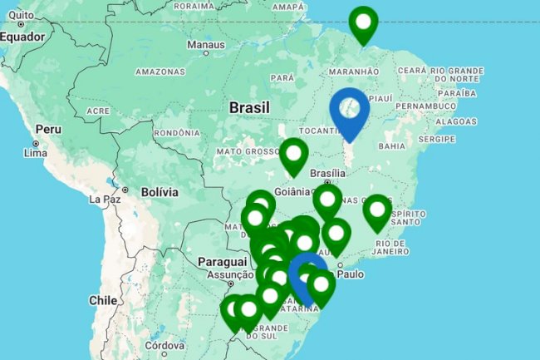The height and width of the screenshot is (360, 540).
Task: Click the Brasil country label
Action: click(248, 108)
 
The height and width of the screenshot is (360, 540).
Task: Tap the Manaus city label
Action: click(205, 44)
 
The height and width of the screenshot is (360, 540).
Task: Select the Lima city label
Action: click(37, 153)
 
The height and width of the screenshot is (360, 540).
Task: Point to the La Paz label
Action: click(106, 200)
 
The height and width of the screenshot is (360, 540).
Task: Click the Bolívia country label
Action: click(160, 192)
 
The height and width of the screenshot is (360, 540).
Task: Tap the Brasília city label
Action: click(326, 173)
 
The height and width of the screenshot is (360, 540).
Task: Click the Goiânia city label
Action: click(292, 190)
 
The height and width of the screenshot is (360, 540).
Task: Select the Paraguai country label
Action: click(218, 262)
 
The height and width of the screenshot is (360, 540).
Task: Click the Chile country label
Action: click(105, 300)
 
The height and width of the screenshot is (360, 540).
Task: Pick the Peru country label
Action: click(49, 131)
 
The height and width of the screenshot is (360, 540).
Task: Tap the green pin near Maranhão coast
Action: click(363, 25)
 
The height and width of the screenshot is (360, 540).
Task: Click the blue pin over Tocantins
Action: click(350, 112)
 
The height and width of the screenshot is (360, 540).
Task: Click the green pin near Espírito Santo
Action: click(377, 212)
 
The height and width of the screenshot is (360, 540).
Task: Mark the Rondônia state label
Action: click(177, 132)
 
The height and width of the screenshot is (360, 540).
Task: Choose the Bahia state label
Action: click(391, 146)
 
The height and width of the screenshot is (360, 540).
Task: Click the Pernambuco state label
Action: click(431, 106)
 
